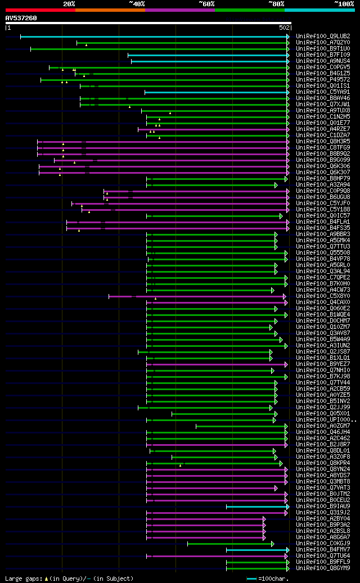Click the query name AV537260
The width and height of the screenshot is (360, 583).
click(21, 18)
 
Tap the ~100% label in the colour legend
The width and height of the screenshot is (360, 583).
click(344, 3)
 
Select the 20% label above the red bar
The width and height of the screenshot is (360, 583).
click(69, 3)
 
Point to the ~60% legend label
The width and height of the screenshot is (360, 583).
click(206, 3)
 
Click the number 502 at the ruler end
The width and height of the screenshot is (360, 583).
click(284, 27)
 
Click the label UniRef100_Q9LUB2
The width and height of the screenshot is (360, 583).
click(323, 37)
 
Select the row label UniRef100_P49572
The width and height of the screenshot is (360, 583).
click(323, 80)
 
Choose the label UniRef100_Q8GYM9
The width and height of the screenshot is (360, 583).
click(323, 568)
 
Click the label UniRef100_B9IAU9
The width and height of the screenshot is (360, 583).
click(323, 507)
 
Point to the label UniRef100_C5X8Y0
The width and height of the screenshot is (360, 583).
click(323, 296)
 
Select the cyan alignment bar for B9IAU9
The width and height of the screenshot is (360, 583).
click(256, 507)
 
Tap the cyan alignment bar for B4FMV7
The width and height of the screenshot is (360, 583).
click(256, 550)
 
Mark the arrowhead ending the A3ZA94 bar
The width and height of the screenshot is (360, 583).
click(276, 185)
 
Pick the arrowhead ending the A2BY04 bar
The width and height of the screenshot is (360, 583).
click(264, 519)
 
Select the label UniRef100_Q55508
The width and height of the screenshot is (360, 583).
click(323, 253)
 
